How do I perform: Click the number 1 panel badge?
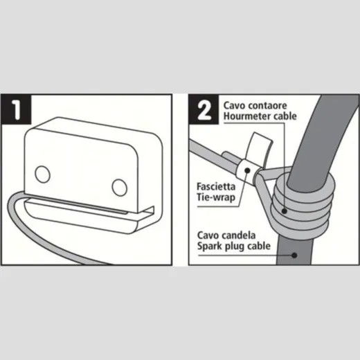[x=16, y=109]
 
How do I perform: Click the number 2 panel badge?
[x=204, y=109]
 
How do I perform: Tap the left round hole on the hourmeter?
[x=42, y=174]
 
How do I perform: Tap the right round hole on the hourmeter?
[x=119, y=188]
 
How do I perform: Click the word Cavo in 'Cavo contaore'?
[x=234, y=106]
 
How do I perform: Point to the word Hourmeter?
[x=247, y=116]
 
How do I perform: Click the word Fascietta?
[x=216, y=187]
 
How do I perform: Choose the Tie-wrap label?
[x=216, y=197]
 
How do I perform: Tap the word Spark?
[x=209, y=246]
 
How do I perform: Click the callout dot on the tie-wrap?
[x=247, y=171]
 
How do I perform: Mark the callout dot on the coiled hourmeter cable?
[x=285, y=210]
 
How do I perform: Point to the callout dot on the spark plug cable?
[x=294, y=255]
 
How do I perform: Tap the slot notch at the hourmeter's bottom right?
[x=147, y=211]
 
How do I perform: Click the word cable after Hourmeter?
[x=285, y=116]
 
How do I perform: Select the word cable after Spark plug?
[x=259, y=246]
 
